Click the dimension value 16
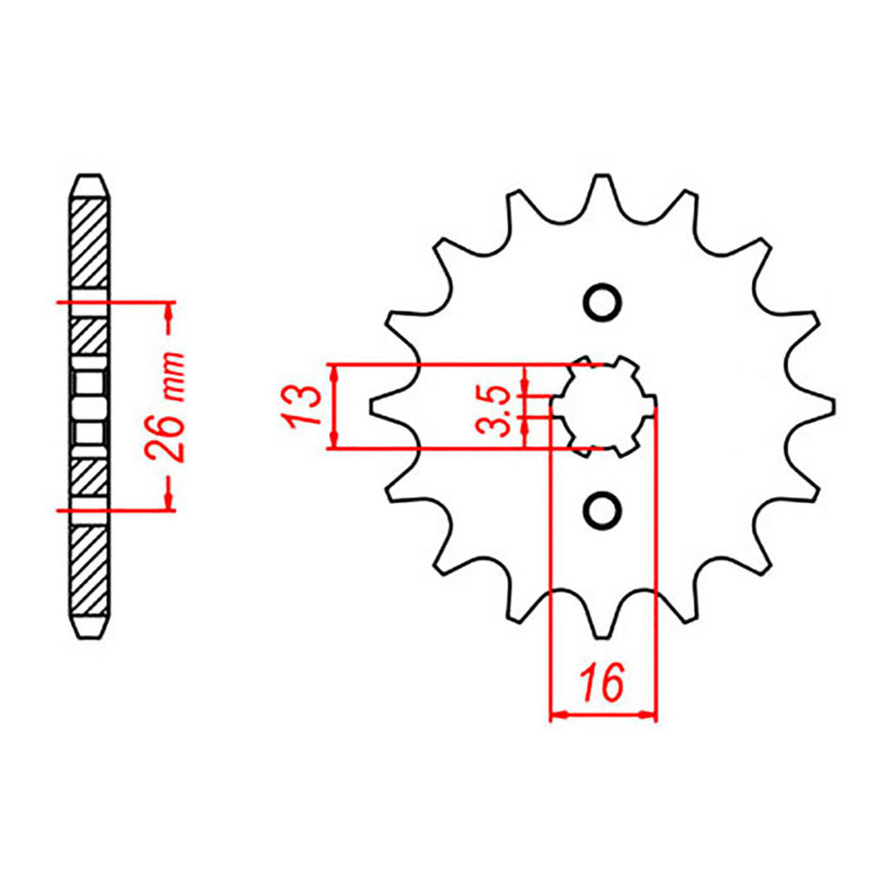pos(602,682)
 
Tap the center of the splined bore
pos(603,406)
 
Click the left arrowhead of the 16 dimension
pos(557,715)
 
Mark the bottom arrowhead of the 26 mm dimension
pos(169,502)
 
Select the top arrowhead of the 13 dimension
pos(334,370)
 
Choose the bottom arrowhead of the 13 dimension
pos(334,442)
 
